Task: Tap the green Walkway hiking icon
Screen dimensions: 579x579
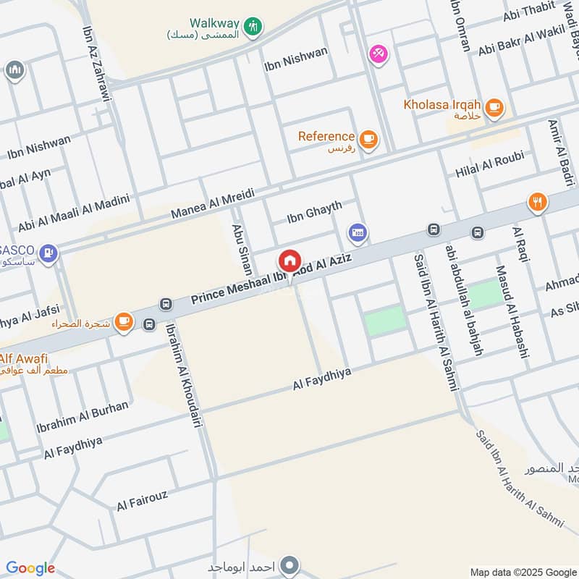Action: pyautogui.click(x=253, y=27)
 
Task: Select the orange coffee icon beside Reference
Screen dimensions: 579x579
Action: pyautogui.click(x=368, y=139)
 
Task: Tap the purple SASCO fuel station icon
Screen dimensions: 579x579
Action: pyautogui.click(x=50, y=253)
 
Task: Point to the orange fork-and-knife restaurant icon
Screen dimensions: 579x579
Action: pyautogui.click(x=537, y=202)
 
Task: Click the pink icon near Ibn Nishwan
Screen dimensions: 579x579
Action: pyautogui.click(x=378, y=53)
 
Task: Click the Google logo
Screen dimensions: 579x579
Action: pyautogui.click(x=30, y=568)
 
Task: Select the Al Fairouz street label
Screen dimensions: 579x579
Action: pyautogui.click(x=143, y=500)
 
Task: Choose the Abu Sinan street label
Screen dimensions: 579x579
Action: pyautogui.click(x=241, y=249)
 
